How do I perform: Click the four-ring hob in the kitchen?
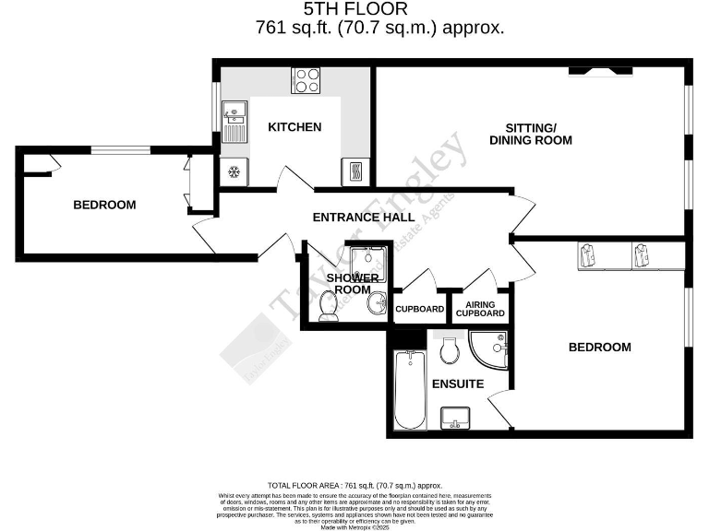click(306, 80)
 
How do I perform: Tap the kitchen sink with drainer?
click(234, 124)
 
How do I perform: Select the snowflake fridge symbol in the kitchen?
click(234, 172)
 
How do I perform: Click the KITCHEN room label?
click(294, 126)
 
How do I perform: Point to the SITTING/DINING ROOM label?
click(531, 134)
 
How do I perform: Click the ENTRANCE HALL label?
click(363, 218)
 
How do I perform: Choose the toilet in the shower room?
click(327, 305)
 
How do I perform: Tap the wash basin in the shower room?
click(377, 302)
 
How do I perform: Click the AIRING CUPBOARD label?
click(486, 309)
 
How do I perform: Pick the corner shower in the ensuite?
click(489, 348)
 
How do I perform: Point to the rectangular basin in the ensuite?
click(455, 419)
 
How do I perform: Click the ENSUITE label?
click(456, 383)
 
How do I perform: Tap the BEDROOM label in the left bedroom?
click(104, 205)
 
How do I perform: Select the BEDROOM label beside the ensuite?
click(599, 348)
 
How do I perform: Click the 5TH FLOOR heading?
click(354, 9)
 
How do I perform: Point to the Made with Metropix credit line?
click(354, 525)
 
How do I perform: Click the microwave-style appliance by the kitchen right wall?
click(355, 171)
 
